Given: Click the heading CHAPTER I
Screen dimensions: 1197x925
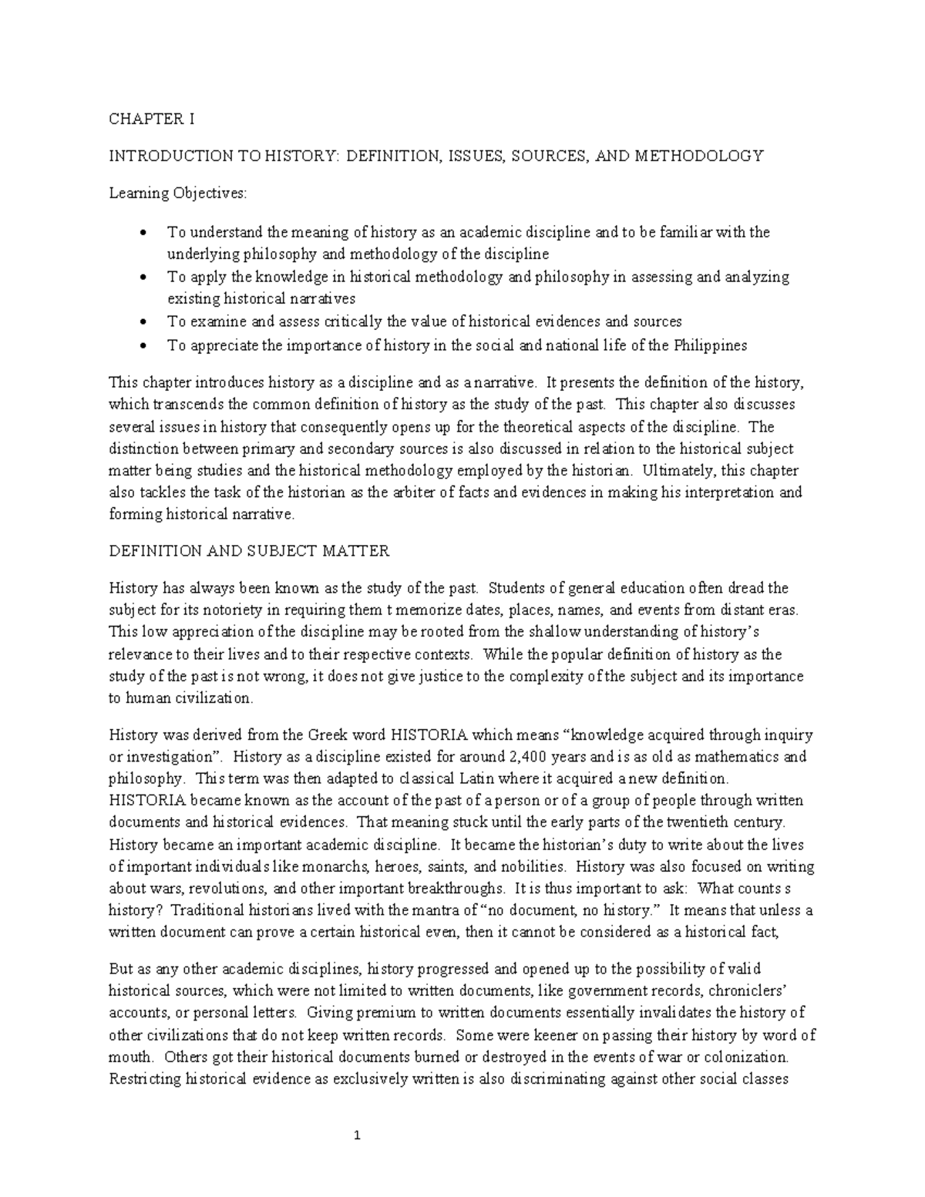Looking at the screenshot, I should click(151, 119).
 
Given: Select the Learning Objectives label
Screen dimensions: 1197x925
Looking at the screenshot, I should click(178, 193).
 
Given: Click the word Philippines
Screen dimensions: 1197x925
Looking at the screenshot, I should click(710, 345).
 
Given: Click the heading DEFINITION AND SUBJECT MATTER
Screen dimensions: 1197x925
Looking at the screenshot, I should click(249, 551).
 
